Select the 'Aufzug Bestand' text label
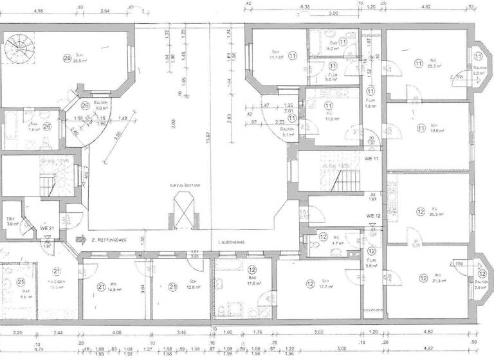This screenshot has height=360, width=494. point(185,185)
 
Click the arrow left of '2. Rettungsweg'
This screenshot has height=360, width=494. point(81,238)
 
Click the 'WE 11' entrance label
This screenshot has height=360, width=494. point(370,158)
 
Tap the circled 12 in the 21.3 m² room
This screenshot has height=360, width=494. point(423,278)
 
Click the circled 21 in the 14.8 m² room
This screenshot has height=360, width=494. point(101,287)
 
